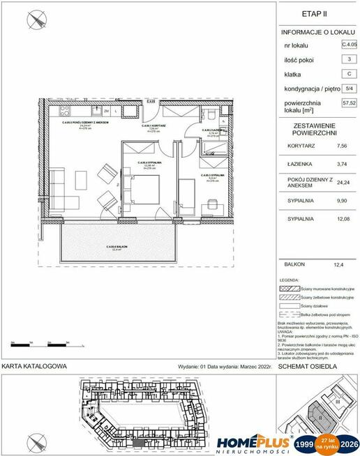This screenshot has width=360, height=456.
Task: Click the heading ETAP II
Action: tap(319, 13)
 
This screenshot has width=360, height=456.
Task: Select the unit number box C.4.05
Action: tap(347, 45)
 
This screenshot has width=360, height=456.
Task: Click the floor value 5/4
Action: tap(347, 89)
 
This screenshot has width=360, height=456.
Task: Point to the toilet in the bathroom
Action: tap(210, 115)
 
